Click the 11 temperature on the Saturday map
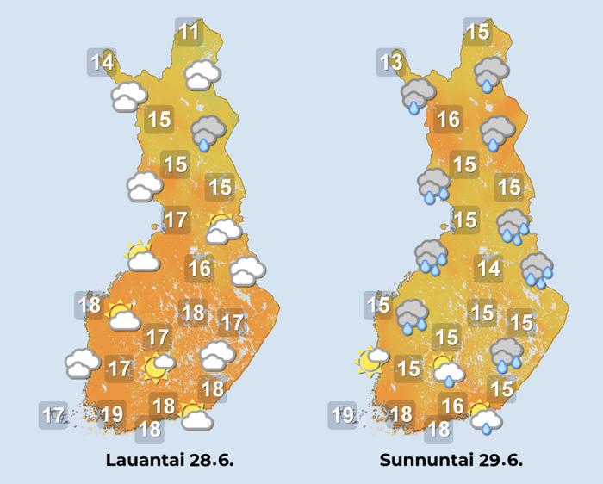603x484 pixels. pyautogui.click(x=189, y=34)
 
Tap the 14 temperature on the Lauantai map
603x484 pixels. pyautogui.click(x=103, y=62)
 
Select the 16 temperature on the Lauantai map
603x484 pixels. pyautogui.click(x=200, y=268)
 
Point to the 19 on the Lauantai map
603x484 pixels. pyautogui.click(x=111, y=414)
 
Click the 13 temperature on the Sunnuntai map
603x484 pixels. pyautogui.click(x=391, y=62)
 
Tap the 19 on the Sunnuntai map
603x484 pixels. pyautogui.click(x=343, y=416)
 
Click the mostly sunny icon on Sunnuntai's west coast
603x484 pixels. pyautogui.click(x=370, y=361)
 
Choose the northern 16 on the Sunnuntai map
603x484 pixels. pyautogui.click(x=448, y=119)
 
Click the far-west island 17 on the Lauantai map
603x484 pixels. pyautogui.click(x=53, y=416)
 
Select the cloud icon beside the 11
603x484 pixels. pyautogui.click(x=202, y=75)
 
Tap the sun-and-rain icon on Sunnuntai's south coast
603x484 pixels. pyautogui.click(x=486, y=418)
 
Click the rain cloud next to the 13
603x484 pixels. pyautogui.click(x=417, y=96)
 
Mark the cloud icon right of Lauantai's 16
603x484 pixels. pyautogui.click(x=248, y=271)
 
